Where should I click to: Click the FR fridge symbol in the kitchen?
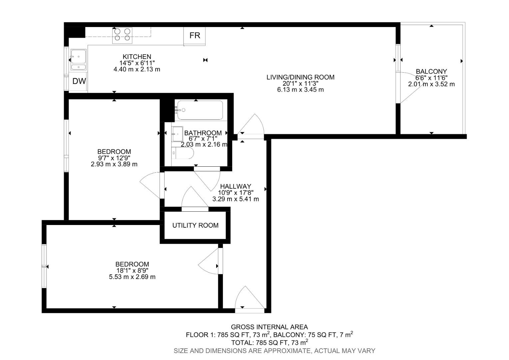coord(195,36)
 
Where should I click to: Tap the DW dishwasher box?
coord(79,81)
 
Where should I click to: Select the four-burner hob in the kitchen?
coord(122,35)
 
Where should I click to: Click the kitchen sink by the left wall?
coord(78,60)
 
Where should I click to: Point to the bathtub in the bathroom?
coord(200,110)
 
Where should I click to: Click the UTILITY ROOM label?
coord(195,225)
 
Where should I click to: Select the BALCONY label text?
coord(431,71)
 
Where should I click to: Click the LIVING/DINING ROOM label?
coord(300,77)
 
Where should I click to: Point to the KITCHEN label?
coord(137,57)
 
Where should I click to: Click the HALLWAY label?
coord(236,186)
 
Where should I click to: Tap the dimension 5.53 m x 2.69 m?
coord(132,277)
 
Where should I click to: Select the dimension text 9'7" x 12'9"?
coord(114,158)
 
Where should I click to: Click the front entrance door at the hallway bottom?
coord(250,300)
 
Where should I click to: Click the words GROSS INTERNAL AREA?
coord(269,327)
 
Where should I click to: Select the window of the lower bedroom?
coord(44,266)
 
